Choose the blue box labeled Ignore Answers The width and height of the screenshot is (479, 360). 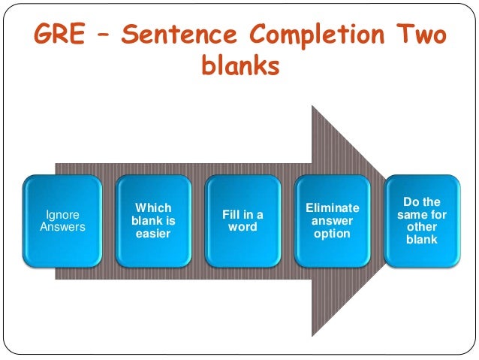tap(64, 221)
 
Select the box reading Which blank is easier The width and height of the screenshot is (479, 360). tap(153, 221)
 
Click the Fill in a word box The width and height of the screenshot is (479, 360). tap(243, 221)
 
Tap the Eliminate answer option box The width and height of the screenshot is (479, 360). tap(333, 221)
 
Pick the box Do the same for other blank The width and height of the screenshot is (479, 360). tap(423, 220)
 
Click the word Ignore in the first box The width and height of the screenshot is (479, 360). tap(64, 215)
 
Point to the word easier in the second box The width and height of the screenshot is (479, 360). tap(153, 234)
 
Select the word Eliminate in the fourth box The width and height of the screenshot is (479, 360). tap(333, 207)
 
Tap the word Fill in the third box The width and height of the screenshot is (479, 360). tap(232, 215)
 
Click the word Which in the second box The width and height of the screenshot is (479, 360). tap(153, 208)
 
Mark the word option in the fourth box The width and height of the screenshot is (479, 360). tap(333, 234)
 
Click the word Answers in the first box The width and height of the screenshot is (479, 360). tap(64, 227)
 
